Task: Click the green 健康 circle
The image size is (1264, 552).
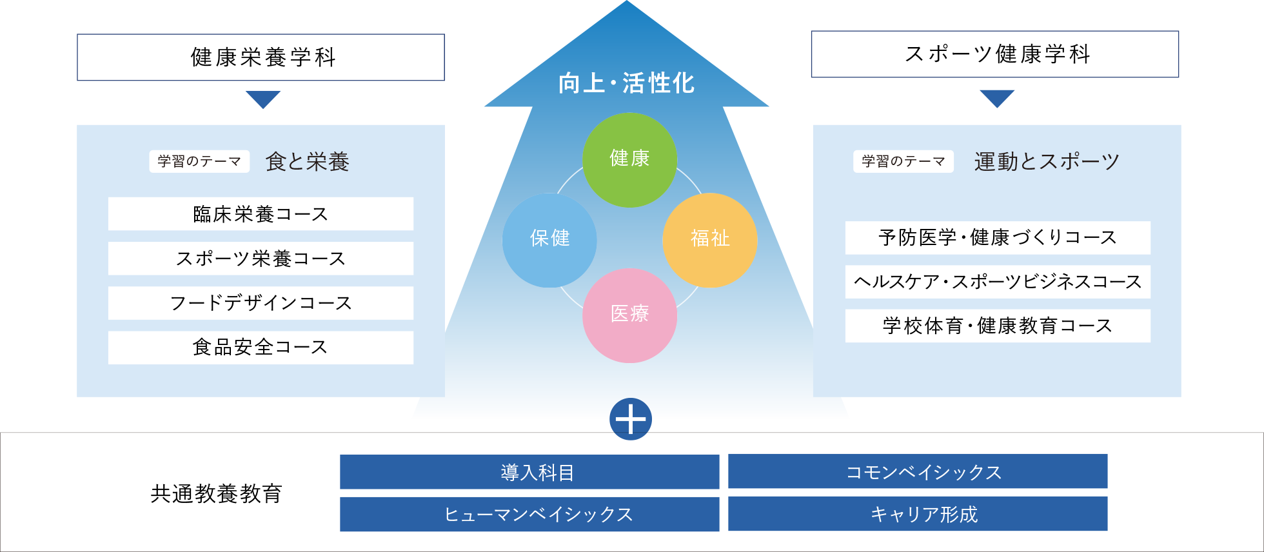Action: click(629, 160)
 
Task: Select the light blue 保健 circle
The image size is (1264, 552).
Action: click(549, 240)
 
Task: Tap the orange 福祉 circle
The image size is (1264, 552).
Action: click(709, 240)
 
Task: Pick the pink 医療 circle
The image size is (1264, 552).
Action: click(629, 315)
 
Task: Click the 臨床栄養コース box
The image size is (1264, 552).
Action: click(261, 214)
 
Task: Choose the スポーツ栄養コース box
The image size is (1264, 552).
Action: click(261, 259)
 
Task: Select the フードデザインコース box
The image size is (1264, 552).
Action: click(261, 303)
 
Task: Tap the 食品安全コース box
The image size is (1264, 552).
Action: click(261, 348)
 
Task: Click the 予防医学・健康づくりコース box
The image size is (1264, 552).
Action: click(997, 238)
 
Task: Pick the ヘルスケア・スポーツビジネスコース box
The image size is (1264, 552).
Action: click(997, 282)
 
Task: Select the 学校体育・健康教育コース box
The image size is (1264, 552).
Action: click(997, 326)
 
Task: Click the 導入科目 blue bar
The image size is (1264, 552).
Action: click(529, 472)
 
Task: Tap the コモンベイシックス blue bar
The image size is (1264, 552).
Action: click(917, 472)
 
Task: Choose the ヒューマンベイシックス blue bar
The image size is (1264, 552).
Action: click(529, 514)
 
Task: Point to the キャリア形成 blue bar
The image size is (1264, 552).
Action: click(917, 514)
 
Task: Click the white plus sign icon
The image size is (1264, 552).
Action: click(630, 420)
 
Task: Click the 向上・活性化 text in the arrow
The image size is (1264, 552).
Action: click(626, 83)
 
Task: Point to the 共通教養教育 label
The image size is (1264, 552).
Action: click(216, 494)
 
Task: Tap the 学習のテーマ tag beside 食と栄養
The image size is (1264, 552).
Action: click(199, 161)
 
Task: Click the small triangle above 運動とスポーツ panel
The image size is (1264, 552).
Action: click(997, 98)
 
